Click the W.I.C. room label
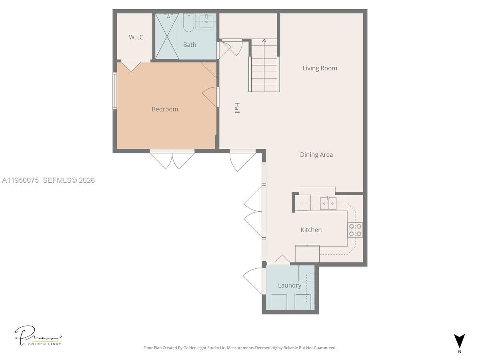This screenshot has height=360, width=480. [136, 37]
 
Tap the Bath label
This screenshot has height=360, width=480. [190, 45]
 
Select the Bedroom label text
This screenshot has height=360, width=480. [165, 109]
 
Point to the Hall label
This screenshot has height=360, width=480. [237, 108]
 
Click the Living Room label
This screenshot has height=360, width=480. [320, 68]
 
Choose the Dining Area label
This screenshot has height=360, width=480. [316, 155]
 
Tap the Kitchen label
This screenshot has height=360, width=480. [311, 230]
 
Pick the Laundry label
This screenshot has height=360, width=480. [290, 285]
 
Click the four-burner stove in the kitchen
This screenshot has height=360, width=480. [355, 230]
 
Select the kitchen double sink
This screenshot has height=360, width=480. [328, 203]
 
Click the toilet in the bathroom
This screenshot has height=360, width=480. [188, 23]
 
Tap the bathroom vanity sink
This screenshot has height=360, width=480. [206, 20]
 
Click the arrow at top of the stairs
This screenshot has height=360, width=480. [264, 40]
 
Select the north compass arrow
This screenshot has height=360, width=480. [460, 341]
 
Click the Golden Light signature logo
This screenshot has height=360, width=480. [38, 336]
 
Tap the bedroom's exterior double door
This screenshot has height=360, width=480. [172, 159]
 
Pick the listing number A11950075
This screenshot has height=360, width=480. [20, 180]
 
